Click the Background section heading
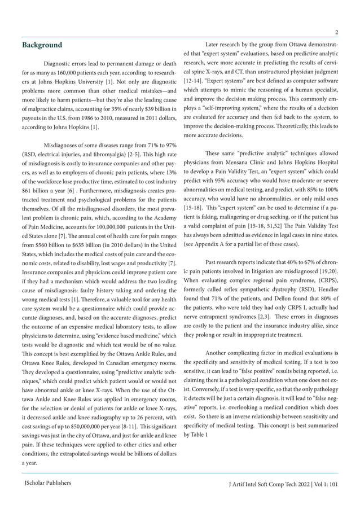click(42, 45)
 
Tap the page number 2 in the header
click(336, 31)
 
